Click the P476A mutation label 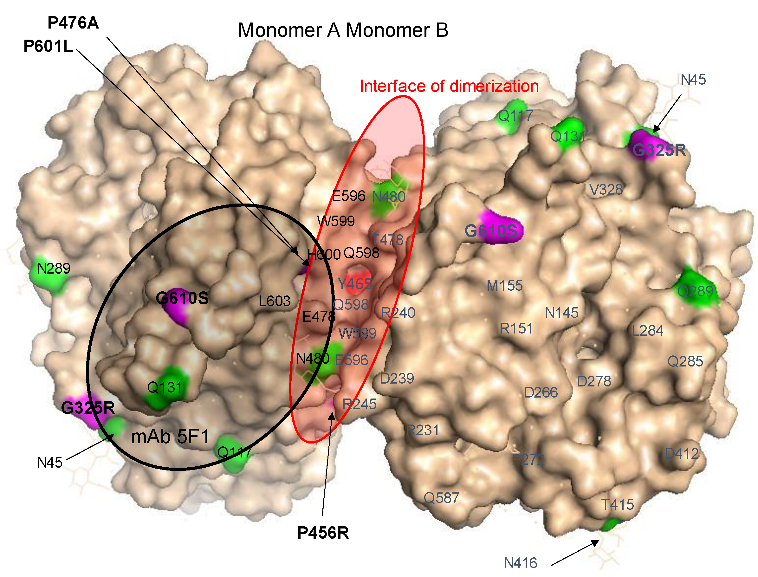click(x=73, y=23)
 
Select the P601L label click(x=49, y=46)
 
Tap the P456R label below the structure click(x=323, y=533)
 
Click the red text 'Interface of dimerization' click(x=449, y=86)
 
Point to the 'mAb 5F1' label click(x=170, y=437)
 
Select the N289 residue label click(x=54, y=269)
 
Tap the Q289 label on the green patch click(x=695, y=291)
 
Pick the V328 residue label click(x=606, y=190)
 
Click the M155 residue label click(x=504, y=286)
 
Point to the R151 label click(x=516, y=329)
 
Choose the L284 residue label click(x=647, y=331)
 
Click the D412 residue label click(x=682, y=454)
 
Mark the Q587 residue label click(x=441, y=498)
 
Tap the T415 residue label click(x=618, y=505)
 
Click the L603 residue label click(x=275, y=301)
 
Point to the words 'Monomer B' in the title click(x=397, y=30)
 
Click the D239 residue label click(x=397, y=379)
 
